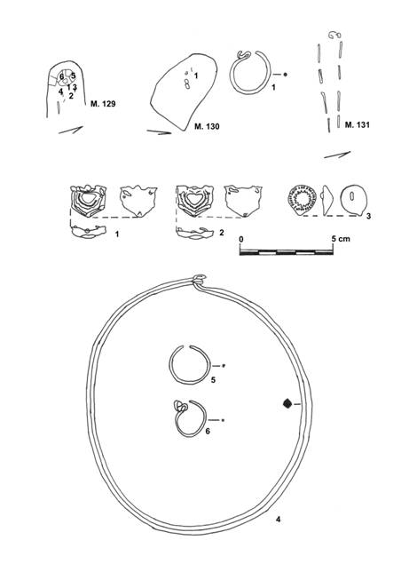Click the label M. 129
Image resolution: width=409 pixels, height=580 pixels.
(103, 104)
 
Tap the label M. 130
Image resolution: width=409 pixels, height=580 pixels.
(207, 126)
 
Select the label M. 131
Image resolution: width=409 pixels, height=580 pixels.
(357, 124)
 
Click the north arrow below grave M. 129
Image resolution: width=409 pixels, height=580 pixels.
(71, 130)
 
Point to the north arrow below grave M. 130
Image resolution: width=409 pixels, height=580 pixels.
(159, 131)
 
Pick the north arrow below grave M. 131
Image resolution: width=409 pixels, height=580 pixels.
(337, 155)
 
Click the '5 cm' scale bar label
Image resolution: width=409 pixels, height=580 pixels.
(341, 239)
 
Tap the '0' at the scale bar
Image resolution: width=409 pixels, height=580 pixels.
(241, 239)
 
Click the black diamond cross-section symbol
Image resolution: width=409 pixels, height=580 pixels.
(287, 404)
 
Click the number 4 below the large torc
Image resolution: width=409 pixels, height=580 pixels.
(279, 520)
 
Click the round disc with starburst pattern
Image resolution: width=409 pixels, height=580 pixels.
(303, 200)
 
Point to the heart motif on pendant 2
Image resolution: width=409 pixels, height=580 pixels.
(194, 200)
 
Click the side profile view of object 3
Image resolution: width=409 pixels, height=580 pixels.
(327, 200)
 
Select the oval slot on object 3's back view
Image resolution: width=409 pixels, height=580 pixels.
(352, 196)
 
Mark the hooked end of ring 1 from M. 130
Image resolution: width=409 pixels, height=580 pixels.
(244, 54)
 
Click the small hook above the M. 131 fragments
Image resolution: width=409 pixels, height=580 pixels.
(334, 35)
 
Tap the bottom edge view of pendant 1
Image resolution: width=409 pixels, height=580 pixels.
(89, 232)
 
